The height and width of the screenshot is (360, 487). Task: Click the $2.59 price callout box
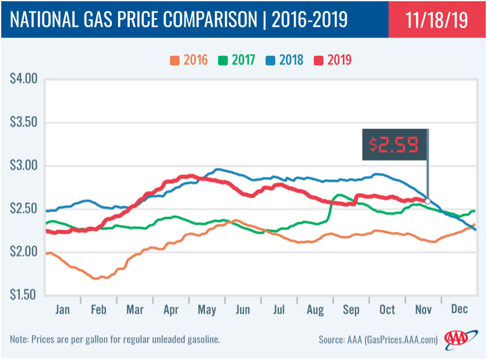395,145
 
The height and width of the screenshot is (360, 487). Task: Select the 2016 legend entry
189,60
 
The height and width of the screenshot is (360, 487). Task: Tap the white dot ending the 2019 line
428,201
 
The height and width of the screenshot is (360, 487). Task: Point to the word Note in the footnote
19,340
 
